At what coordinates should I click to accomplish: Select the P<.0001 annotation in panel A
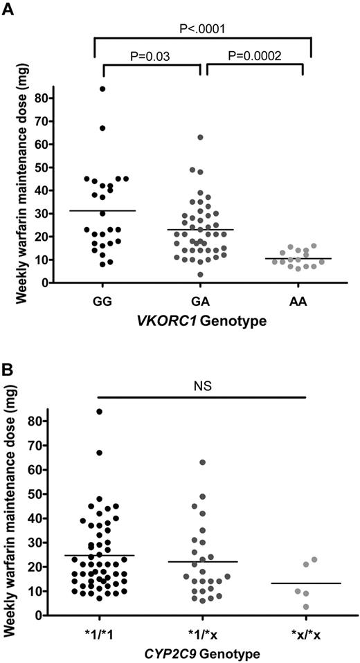[x=201, y=29]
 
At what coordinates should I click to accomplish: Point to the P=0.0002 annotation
[x=257, y=55]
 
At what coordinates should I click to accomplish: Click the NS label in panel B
[x=201, y=385]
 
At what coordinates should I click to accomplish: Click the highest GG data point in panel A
[x=102, y=89]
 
